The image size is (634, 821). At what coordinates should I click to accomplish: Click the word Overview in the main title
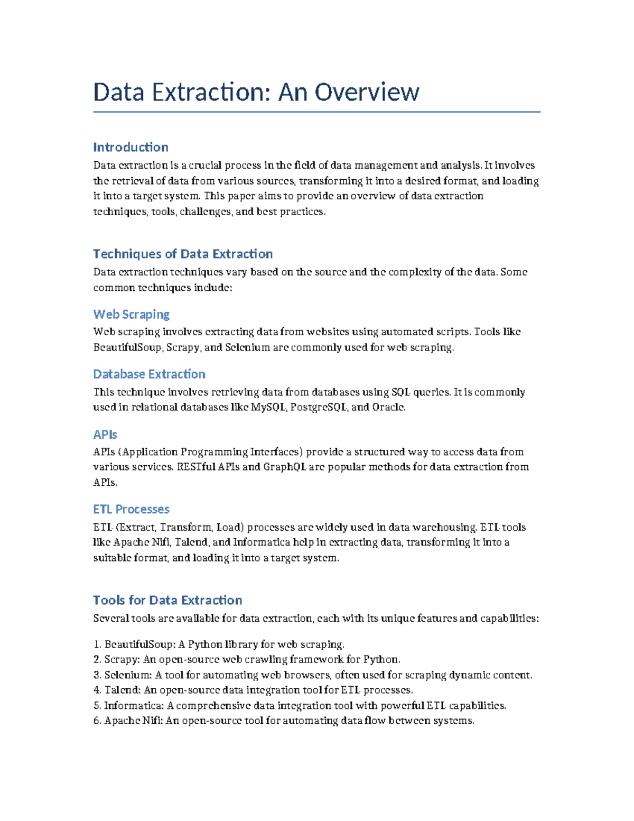pos(367,92)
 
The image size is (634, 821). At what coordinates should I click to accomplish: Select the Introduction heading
pos(130,147)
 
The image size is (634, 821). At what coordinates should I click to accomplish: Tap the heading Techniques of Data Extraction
pos(183,254)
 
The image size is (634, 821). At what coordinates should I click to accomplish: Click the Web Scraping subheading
pos(131,314)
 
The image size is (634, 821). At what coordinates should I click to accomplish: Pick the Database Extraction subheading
pos(149,374)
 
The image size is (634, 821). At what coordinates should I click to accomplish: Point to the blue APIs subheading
pos(105,434)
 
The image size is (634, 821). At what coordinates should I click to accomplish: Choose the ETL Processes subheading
pos(131,509)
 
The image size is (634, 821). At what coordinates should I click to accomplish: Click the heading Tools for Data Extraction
pos(167,600)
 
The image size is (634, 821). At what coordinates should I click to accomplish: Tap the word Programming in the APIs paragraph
pos(214,451)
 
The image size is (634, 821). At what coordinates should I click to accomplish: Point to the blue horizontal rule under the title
pos(316,112)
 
